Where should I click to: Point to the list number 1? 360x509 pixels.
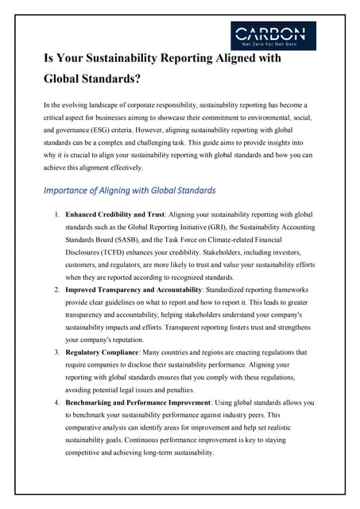[56, 215]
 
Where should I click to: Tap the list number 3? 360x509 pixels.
[56, 352]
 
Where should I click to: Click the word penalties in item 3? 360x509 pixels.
[195, 390]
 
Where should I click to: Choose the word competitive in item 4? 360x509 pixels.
[87, 453]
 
